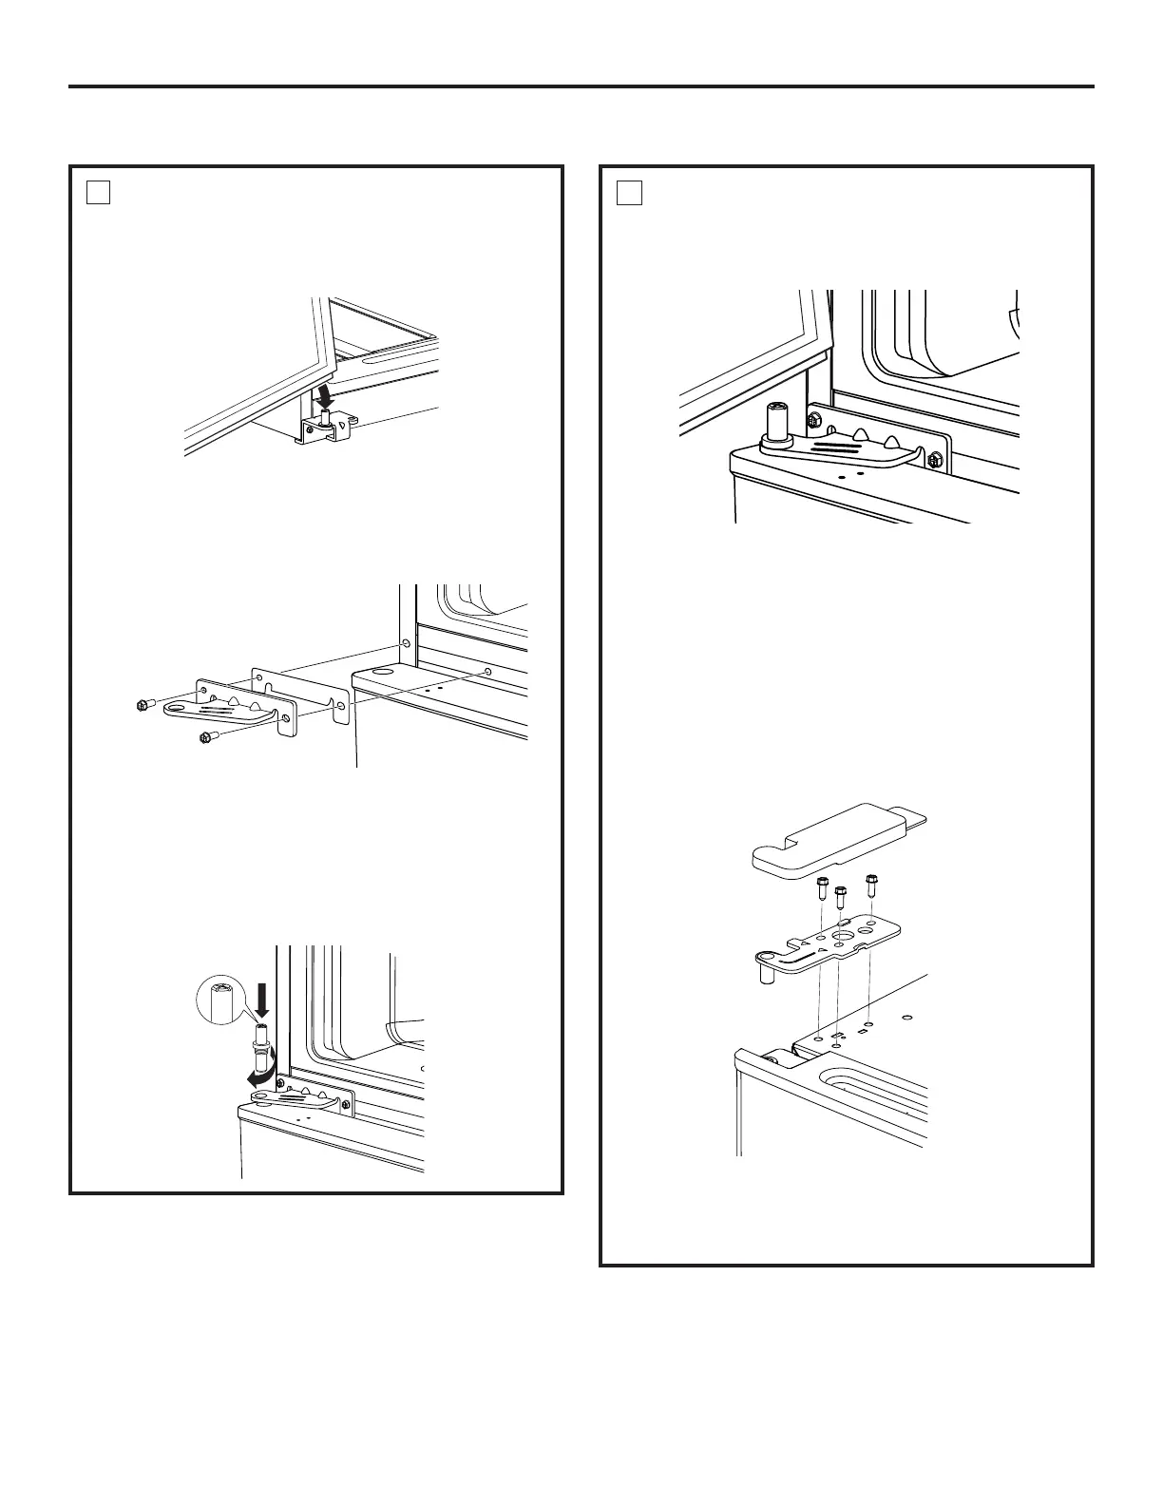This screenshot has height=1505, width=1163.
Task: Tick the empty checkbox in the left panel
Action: point(99,193)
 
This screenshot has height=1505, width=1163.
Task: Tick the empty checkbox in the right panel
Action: point(629,193)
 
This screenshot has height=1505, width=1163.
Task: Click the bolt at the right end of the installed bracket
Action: point(933,461)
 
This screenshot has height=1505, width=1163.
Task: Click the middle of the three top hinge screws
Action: point(840,897)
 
